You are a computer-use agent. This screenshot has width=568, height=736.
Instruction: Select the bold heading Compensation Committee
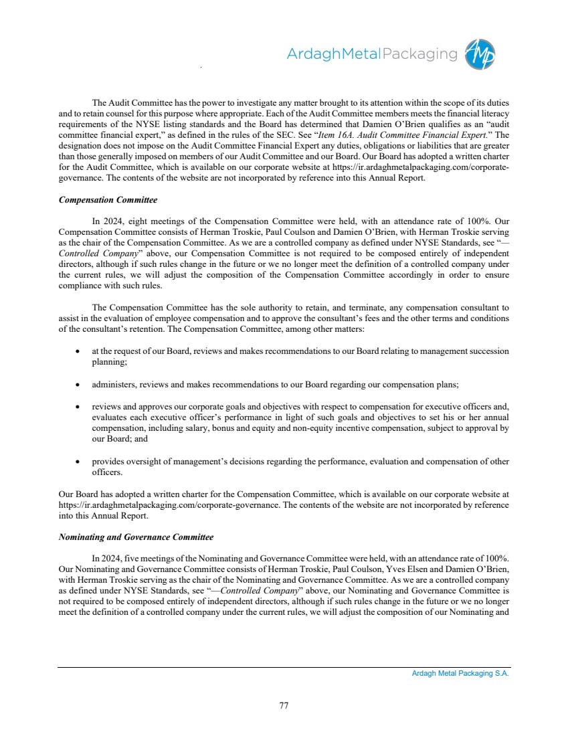pos(108,200)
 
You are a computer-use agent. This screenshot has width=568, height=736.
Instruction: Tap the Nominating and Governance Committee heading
pos(136,537)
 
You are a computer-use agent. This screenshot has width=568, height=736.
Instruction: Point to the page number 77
pos(284,705)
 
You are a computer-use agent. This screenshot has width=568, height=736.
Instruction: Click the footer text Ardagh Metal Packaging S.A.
pos(460,674)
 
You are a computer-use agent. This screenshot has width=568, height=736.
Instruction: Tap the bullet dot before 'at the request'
pos(80,351)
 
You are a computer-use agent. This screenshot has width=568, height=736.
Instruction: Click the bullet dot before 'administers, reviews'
pos(80,385)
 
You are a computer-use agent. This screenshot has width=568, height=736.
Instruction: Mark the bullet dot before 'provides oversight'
pos(80,462)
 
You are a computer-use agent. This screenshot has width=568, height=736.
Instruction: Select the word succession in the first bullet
pos(492,351)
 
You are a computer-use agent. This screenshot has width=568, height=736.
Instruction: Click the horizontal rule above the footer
pos(284,667)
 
